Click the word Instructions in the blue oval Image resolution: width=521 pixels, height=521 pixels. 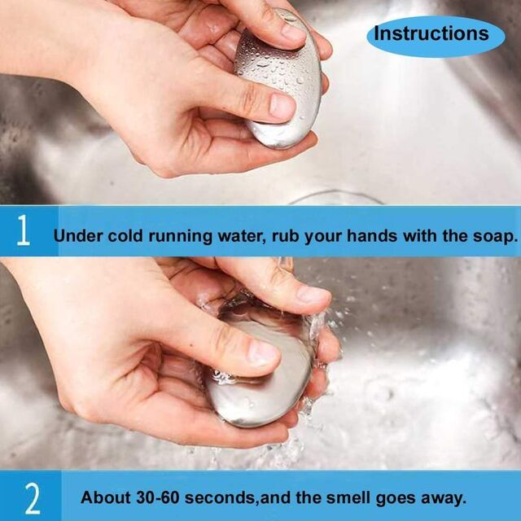(431, 33)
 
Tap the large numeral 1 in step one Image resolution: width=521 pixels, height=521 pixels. (23, 230)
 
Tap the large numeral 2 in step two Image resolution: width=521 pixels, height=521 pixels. (33, 498)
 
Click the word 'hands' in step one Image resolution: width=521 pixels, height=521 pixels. (371, 235)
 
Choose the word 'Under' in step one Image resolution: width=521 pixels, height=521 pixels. (78, 236)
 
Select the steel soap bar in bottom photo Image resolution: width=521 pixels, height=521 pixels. (262, 369)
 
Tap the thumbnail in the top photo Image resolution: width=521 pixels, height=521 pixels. (282, 107)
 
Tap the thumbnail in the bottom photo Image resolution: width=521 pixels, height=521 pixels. (262, 353)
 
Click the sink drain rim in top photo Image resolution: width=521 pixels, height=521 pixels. (335, 197)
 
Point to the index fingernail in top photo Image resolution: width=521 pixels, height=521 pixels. (293, 33)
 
